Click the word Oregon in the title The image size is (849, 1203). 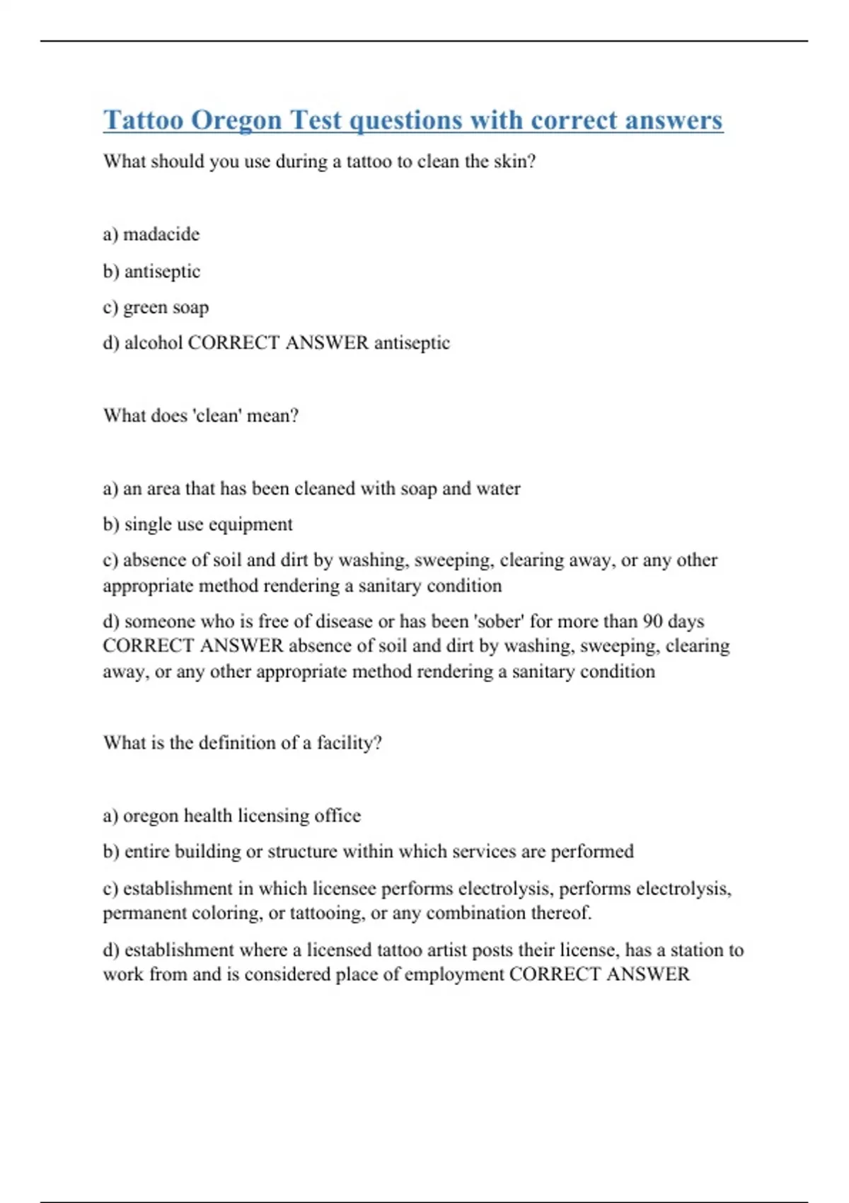pyautogui.click(x=236, y=120)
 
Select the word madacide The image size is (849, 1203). pyautogui.click(x=161, y=234)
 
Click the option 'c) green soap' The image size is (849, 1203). pyautogui.click(x=156, y=308)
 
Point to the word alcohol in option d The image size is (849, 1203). pyautogui.click(x=154, y=343)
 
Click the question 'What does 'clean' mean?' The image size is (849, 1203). pyautogui.click(x=201, y=415)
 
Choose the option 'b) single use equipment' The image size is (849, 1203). pyautogui.click(x=197, y=524)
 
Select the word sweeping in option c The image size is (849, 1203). pyautogui.click(x=453, y=560)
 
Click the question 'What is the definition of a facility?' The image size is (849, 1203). pyautogui.click(x=242, y=743)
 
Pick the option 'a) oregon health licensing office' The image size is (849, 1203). pyautogui.click(x=231, y=816)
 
